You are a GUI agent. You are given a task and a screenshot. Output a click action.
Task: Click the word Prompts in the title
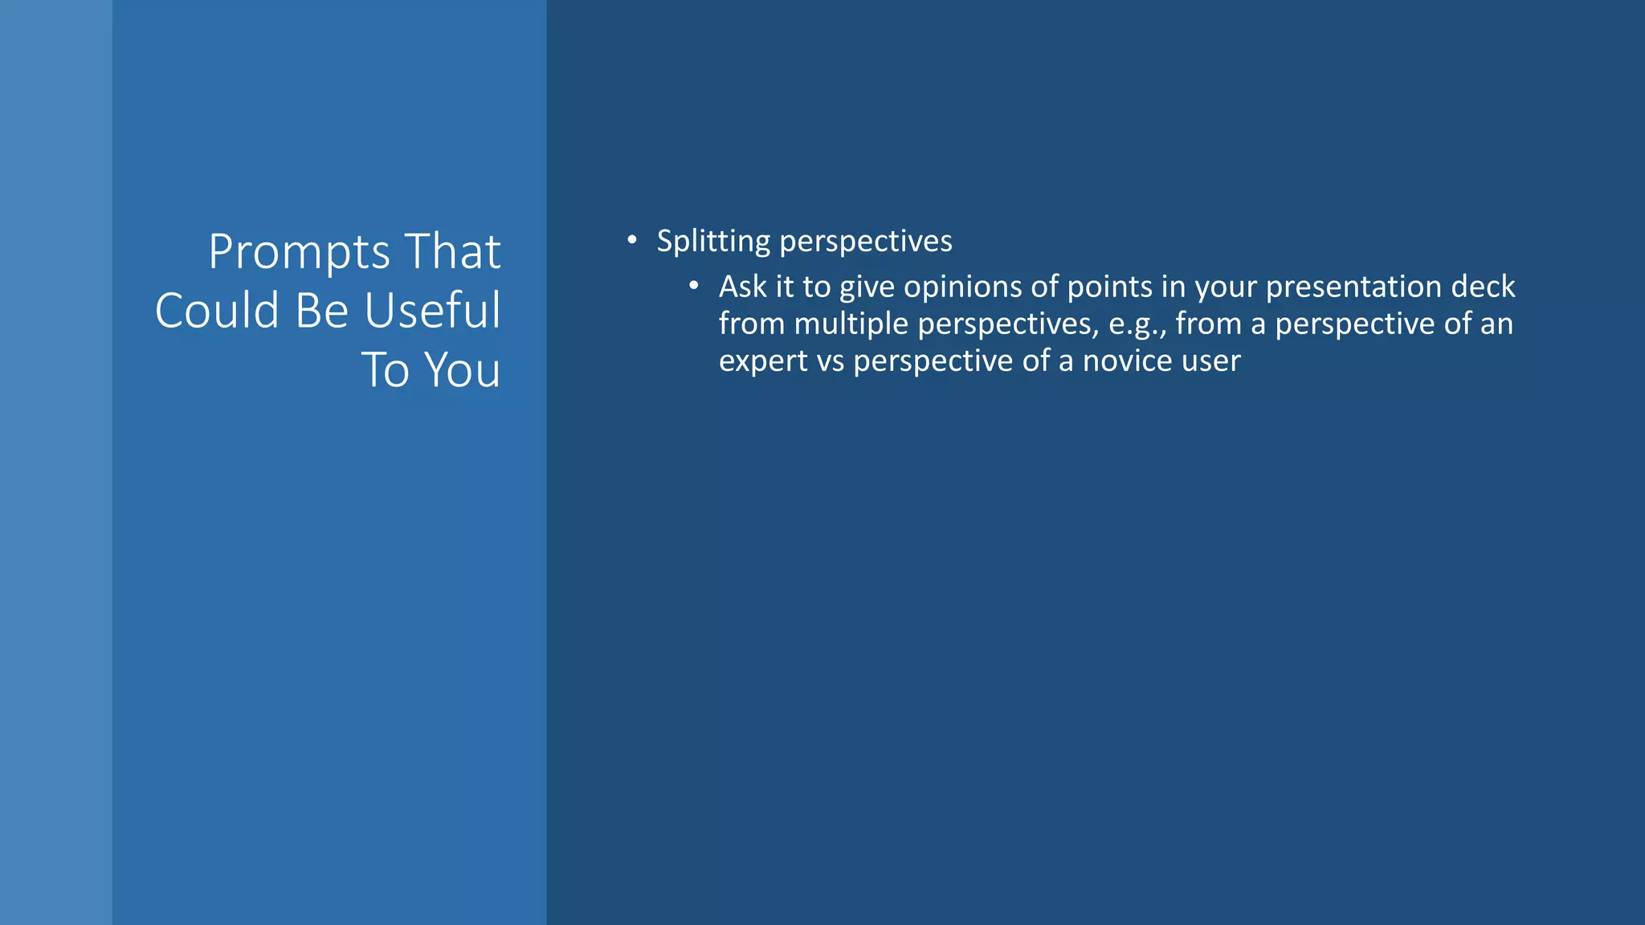298,252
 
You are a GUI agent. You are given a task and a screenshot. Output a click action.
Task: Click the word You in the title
462,370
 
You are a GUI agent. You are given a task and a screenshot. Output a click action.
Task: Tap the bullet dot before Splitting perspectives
632,239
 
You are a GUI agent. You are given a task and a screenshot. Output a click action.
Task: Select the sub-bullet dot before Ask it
694,285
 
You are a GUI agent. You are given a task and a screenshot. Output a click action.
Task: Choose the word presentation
1353,287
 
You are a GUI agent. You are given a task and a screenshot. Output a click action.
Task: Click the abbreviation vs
831,361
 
